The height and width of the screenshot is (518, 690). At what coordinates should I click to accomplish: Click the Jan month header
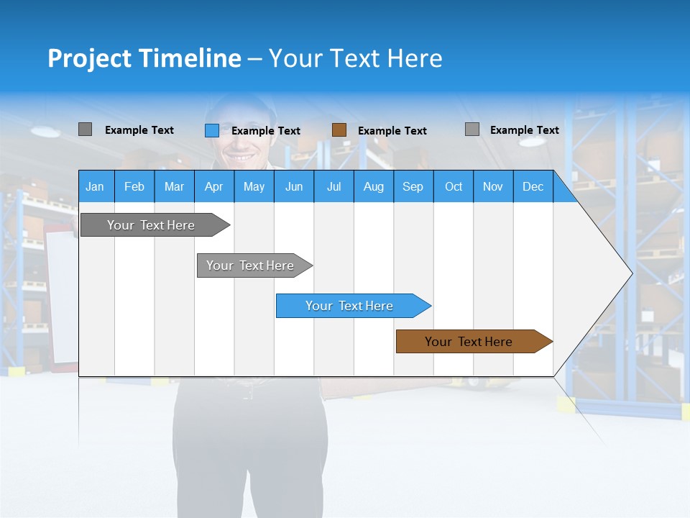[x=96, y=186]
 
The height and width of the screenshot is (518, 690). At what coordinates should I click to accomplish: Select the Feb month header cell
[x=134, y=186]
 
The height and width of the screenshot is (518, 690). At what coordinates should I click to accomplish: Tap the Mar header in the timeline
[x=174, y=186]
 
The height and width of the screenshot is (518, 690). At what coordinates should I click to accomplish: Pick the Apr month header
[x=214, y=186]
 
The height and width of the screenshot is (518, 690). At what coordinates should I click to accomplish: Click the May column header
[x=254, y=186]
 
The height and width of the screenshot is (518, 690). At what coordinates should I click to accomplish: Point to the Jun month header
[x=294, y=186]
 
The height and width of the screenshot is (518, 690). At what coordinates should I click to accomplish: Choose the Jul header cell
[x=333, y=186]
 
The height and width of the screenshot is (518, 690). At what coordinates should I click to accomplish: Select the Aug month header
[x=374, y=186]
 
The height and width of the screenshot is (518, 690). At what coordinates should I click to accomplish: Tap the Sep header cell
[x=413, y=186]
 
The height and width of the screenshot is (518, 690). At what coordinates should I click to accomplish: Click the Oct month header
[x=454, y=186]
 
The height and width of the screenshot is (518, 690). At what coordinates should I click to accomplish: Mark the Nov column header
[x=493, y=186]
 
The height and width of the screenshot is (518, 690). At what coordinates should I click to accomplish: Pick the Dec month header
[x=533, y=186]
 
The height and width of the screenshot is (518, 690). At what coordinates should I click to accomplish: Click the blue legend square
[x=211, y=130]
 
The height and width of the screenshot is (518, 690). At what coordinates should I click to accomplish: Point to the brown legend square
[x=339, y=130]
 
